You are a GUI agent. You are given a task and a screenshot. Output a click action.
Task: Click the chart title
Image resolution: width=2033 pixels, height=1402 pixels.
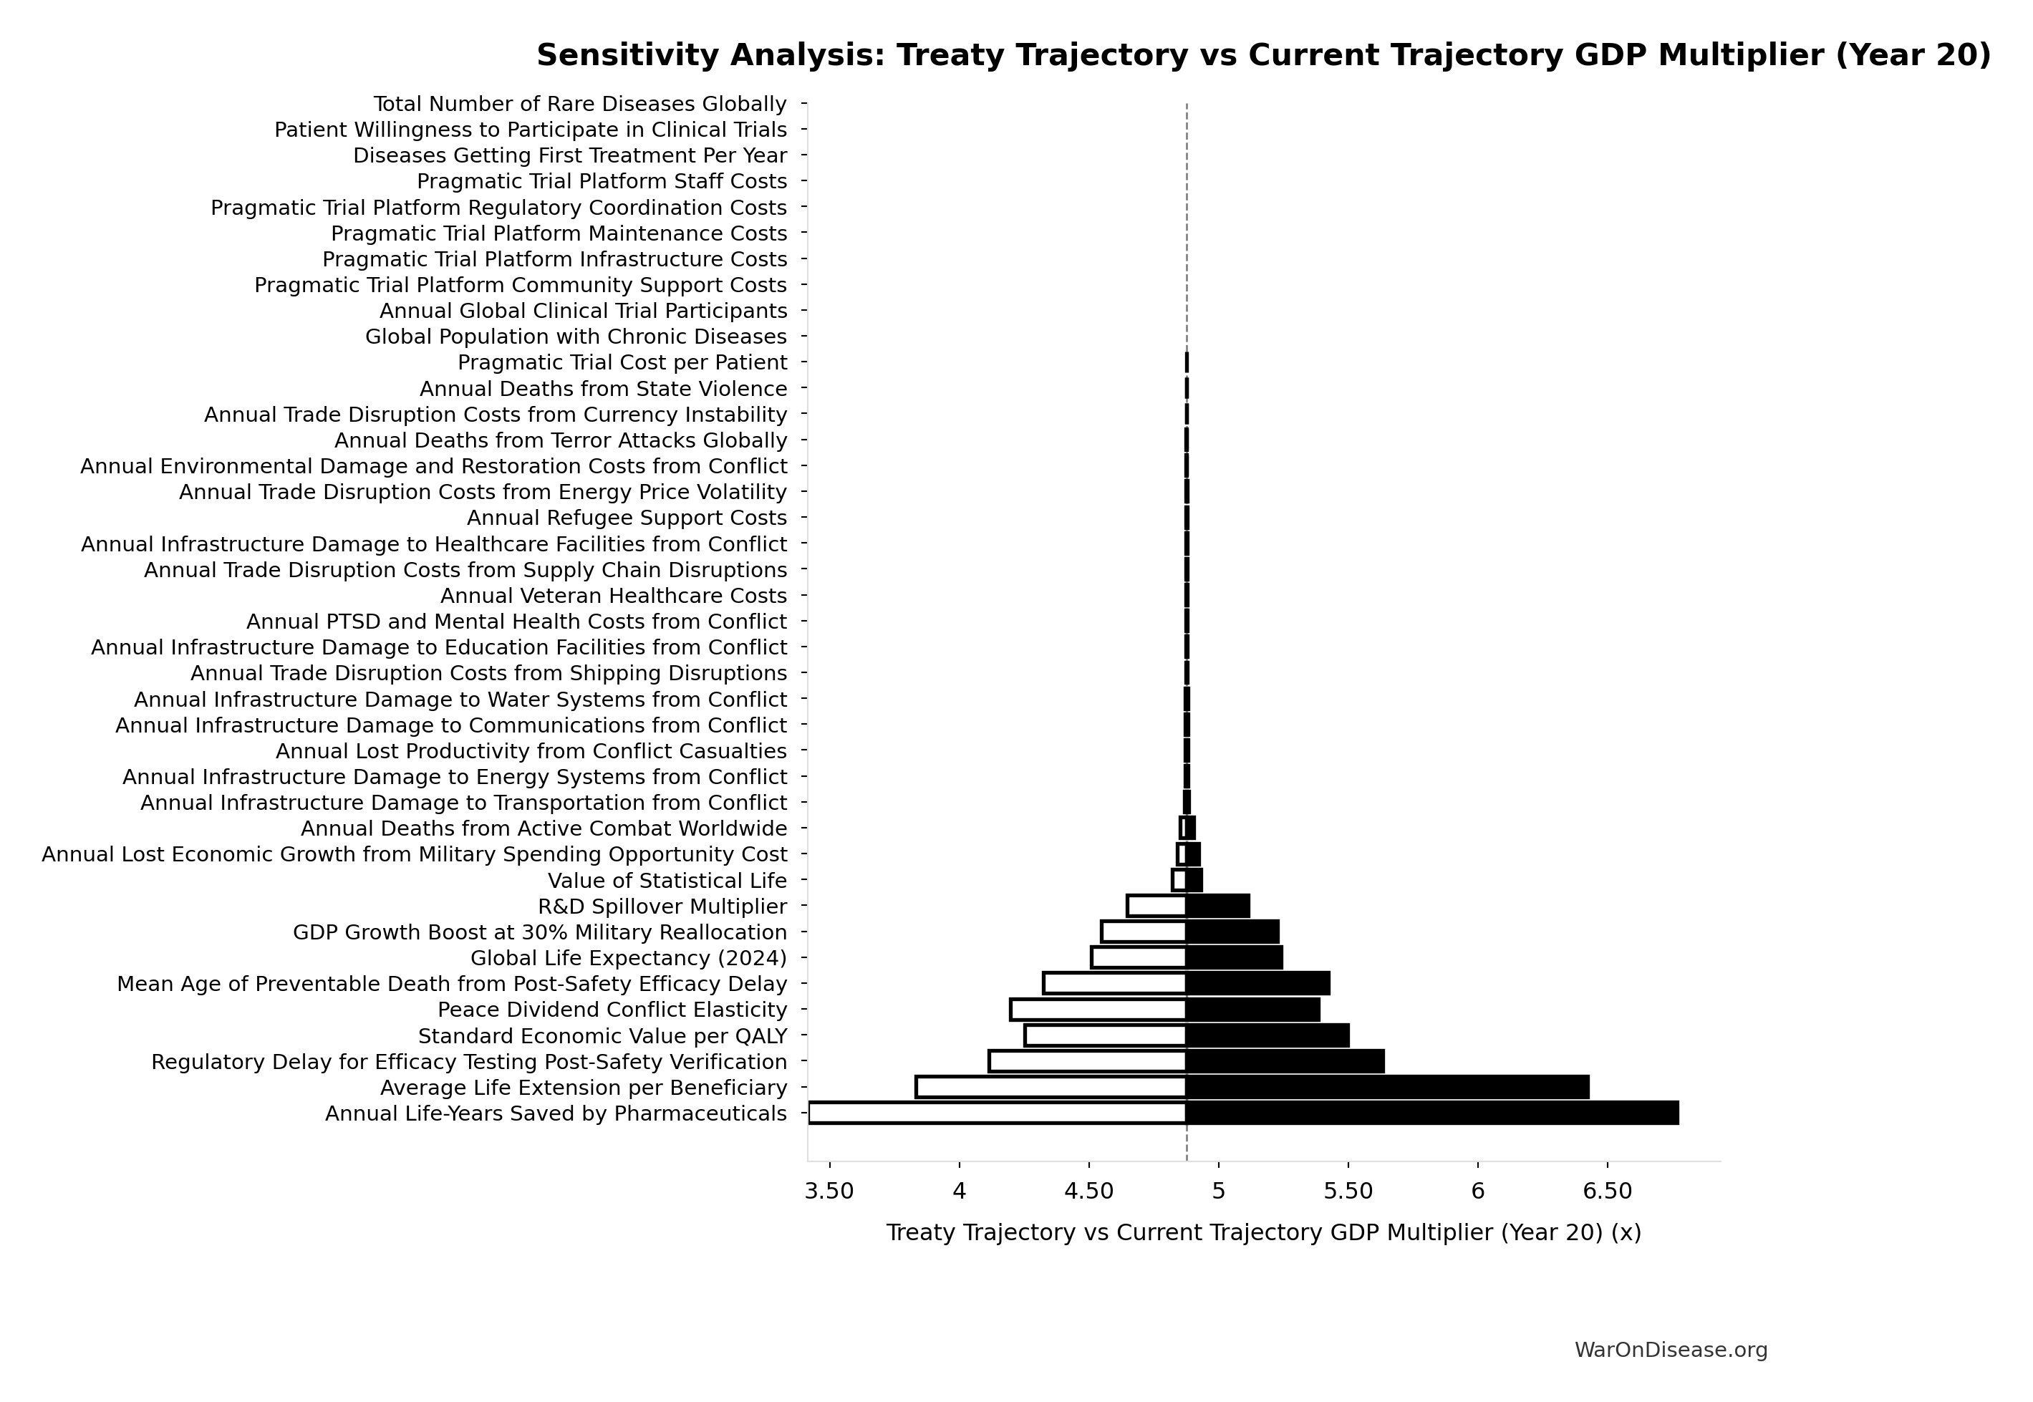pos(1263,54)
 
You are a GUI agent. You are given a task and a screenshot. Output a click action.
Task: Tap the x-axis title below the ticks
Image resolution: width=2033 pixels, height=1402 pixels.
pos(1263,1232)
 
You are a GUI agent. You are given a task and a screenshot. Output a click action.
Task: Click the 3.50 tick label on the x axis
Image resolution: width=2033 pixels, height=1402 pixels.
pos(829,1192)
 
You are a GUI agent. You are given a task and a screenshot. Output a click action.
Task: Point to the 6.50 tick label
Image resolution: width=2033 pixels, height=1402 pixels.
pos(1607,1192)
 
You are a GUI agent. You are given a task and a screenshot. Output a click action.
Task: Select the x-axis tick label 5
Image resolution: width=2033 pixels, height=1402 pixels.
pos(1219,1192)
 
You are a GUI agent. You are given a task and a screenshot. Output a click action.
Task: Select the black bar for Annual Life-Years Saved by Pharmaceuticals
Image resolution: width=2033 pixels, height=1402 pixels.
pos(1432,1113)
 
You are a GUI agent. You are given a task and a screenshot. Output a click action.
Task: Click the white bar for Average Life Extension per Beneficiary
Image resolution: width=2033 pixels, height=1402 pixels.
pos(1051,1087)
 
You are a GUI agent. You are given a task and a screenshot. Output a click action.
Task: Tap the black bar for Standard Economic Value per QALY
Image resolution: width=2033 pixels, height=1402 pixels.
pos(1267,1035)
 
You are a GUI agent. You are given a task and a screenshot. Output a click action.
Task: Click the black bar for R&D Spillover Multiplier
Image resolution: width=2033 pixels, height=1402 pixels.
pos(1217,906)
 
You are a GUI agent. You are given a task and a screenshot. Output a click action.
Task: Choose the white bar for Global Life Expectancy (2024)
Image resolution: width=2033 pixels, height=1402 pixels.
pos(1139,957)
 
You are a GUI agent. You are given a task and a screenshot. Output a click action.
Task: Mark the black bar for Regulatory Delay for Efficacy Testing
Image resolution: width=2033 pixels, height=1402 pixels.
pos(1285,1061)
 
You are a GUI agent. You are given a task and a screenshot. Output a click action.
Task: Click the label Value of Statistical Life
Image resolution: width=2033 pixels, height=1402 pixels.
pos(667,880)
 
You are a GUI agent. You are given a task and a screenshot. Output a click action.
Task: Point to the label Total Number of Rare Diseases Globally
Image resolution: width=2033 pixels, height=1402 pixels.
pos(580,105)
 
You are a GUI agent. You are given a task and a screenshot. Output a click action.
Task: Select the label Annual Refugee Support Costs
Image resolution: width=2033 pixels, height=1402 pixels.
pos(627,518)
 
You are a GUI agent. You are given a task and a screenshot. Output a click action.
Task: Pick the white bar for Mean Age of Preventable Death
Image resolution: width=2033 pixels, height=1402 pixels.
pos(1114,983)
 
